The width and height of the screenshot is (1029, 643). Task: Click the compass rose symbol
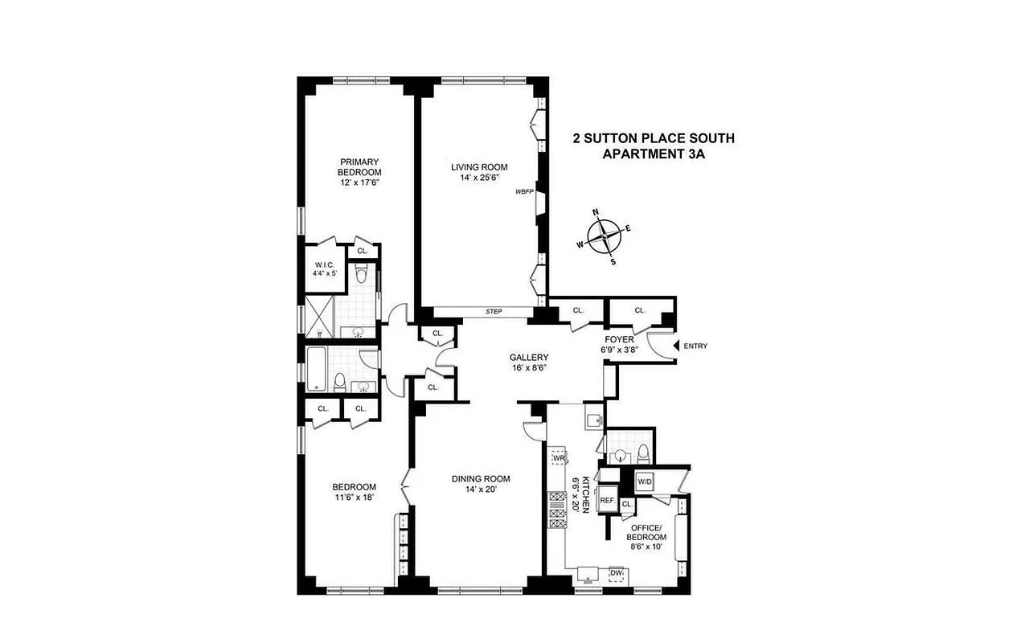[x=604, y=236]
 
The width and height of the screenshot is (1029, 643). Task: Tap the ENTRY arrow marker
[x=675, y=346]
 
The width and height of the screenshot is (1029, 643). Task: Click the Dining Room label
[x=480, y=485]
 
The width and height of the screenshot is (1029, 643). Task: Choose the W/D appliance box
[x=645, y=481]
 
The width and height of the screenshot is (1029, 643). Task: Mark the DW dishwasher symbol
[x=617, y=574]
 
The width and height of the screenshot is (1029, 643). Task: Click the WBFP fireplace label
[x=525, y=193]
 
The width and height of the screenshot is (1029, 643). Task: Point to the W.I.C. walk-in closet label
[x=325, y=268]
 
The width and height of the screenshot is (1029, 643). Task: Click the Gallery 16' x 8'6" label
[x=529, y=363]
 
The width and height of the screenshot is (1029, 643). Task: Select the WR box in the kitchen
[x=559, y=457]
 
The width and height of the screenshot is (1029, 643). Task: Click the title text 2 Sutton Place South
[x=653, y=138]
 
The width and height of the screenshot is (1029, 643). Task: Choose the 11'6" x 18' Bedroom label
[x=355, y=492]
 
